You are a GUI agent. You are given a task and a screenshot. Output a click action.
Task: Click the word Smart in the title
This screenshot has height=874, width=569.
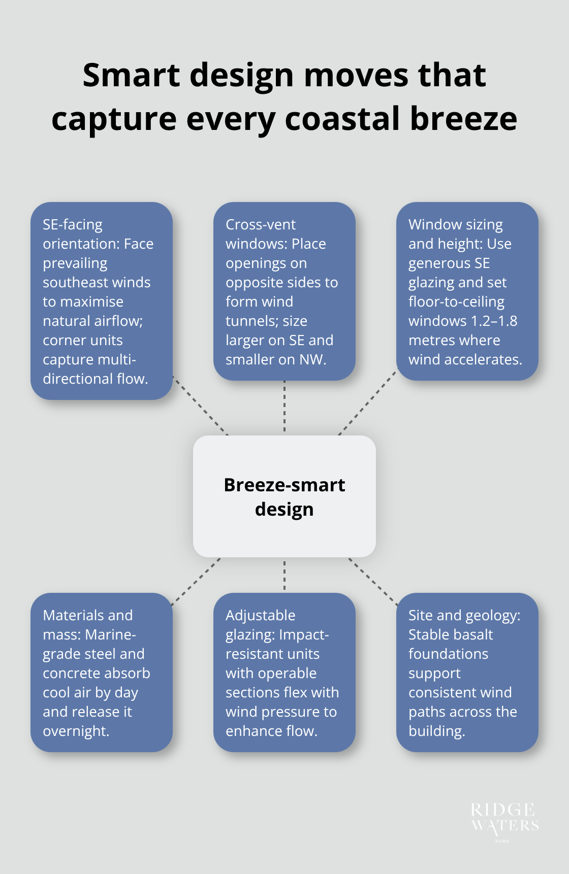(132, 75)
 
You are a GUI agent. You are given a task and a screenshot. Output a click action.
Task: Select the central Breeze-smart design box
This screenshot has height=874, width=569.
(284, 496)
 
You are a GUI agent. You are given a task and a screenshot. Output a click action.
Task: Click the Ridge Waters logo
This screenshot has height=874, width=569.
(504, 818)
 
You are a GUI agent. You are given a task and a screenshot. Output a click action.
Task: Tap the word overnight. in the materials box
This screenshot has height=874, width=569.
(76, 731)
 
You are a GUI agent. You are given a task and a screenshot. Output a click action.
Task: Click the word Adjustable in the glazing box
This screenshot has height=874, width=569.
(260, 615)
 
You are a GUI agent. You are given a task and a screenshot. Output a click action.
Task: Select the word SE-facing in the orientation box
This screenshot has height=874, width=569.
(73, 224)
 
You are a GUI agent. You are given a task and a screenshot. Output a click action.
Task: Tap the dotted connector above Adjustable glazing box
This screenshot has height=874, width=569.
(284, 575)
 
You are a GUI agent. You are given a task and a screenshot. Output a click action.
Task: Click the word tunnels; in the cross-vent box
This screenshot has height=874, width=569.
(266, 321)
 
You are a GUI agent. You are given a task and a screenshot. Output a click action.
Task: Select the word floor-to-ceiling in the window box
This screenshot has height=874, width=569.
(456, 301)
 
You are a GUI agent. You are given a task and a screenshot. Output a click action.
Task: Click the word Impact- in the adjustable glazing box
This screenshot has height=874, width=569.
(304, 634)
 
